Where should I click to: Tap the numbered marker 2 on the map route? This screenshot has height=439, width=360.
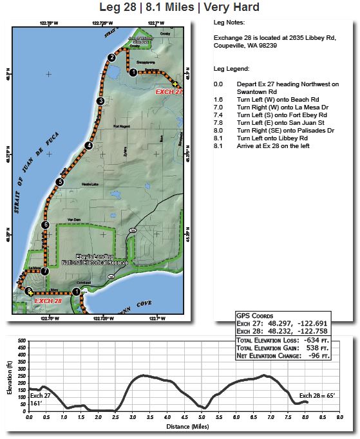[x=111, y=57]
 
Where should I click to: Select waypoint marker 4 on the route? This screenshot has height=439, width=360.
[x=89, y=145]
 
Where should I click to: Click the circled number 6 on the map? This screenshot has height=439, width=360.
[x=45, y=225]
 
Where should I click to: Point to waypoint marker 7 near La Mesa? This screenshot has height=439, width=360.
[x=44, y=271]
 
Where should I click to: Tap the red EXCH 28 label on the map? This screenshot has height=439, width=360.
[x=48, y=301]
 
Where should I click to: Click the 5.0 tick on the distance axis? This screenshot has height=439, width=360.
[x=202, y=417]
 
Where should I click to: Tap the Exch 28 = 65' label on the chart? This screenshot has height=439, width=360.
[x=316, y=395]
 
